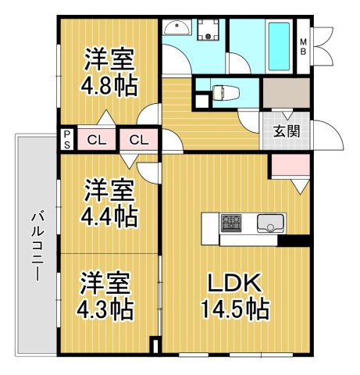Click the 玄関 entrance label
(x=287, y=131)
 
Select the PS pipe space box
(x=67, y=140)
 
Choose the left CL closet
(x=98, y=141)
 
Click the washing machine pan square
(x=209, y=31)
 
